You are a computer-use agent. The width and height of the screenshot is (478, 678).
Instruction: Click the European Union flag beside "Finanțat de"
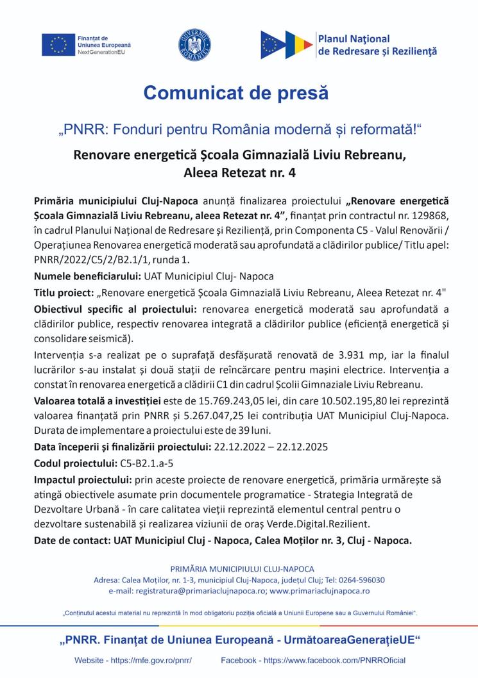tap(58, 44)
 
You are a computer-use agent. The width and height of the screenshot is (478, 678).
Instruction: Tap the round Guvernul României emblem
tap(194, 45)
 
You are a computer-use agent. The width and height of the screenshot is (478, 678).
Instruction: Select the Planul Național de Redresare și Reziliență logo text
tap(377, 45)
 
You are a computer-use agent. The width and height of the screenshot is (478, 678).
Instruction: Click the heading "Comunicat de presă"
tap(236, 93)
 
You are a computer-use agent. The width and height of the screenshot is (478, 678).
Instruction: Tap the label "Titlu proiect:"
tap(64, 293)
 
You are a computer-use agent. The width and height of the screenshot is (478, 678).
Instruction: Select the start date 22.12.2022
tap(239, 447)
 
